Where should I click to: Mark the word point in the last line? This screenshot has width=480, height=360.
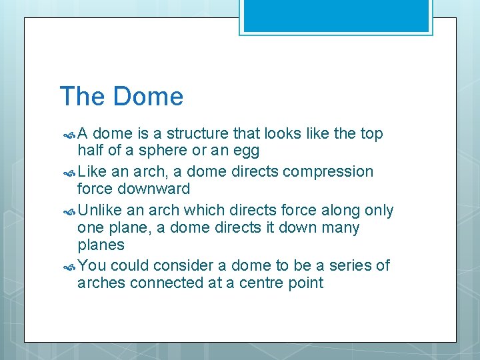[x=306, y=283]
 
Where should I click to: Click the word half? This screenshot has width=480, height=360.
[x=91, y=151]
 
